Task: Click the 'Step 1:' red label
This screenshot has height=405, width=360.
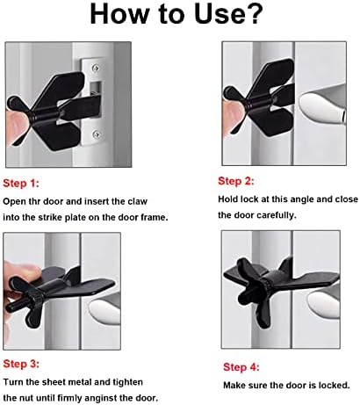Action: tap(21, 184)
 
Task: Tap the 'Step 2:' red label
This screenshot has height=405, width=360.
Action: tap(236, 181)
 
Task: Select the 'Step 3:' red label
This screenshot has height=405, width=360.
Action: tap(21, 364)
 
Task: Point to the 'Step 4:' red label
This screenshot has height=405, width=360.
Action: tap(241, 367)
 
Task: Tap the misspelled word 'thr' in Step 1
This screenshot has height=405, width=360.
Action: tap(34, 201)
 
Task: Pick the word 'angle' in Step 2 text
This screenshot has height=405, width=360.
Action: tap(303, 199)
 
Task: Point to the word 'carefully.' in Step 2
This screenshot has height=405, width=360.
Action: tap(277, 215)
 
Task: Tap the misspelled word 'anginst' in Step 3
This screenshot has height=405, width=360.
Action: tap(110, 399)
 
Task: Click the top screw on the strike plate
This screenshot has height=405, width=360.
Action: tap(96, 68)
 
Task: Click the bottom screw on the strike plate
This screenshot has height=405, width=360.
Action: tap(96, 134)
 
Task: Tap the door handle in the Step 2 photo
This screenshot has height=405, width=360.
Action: tap(323, 107)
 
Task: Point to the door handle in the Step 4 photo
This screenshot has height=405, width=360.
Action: tap(324, 306)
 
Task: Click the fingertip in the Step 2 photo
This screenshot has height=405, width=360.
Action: tap(232, 116)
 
